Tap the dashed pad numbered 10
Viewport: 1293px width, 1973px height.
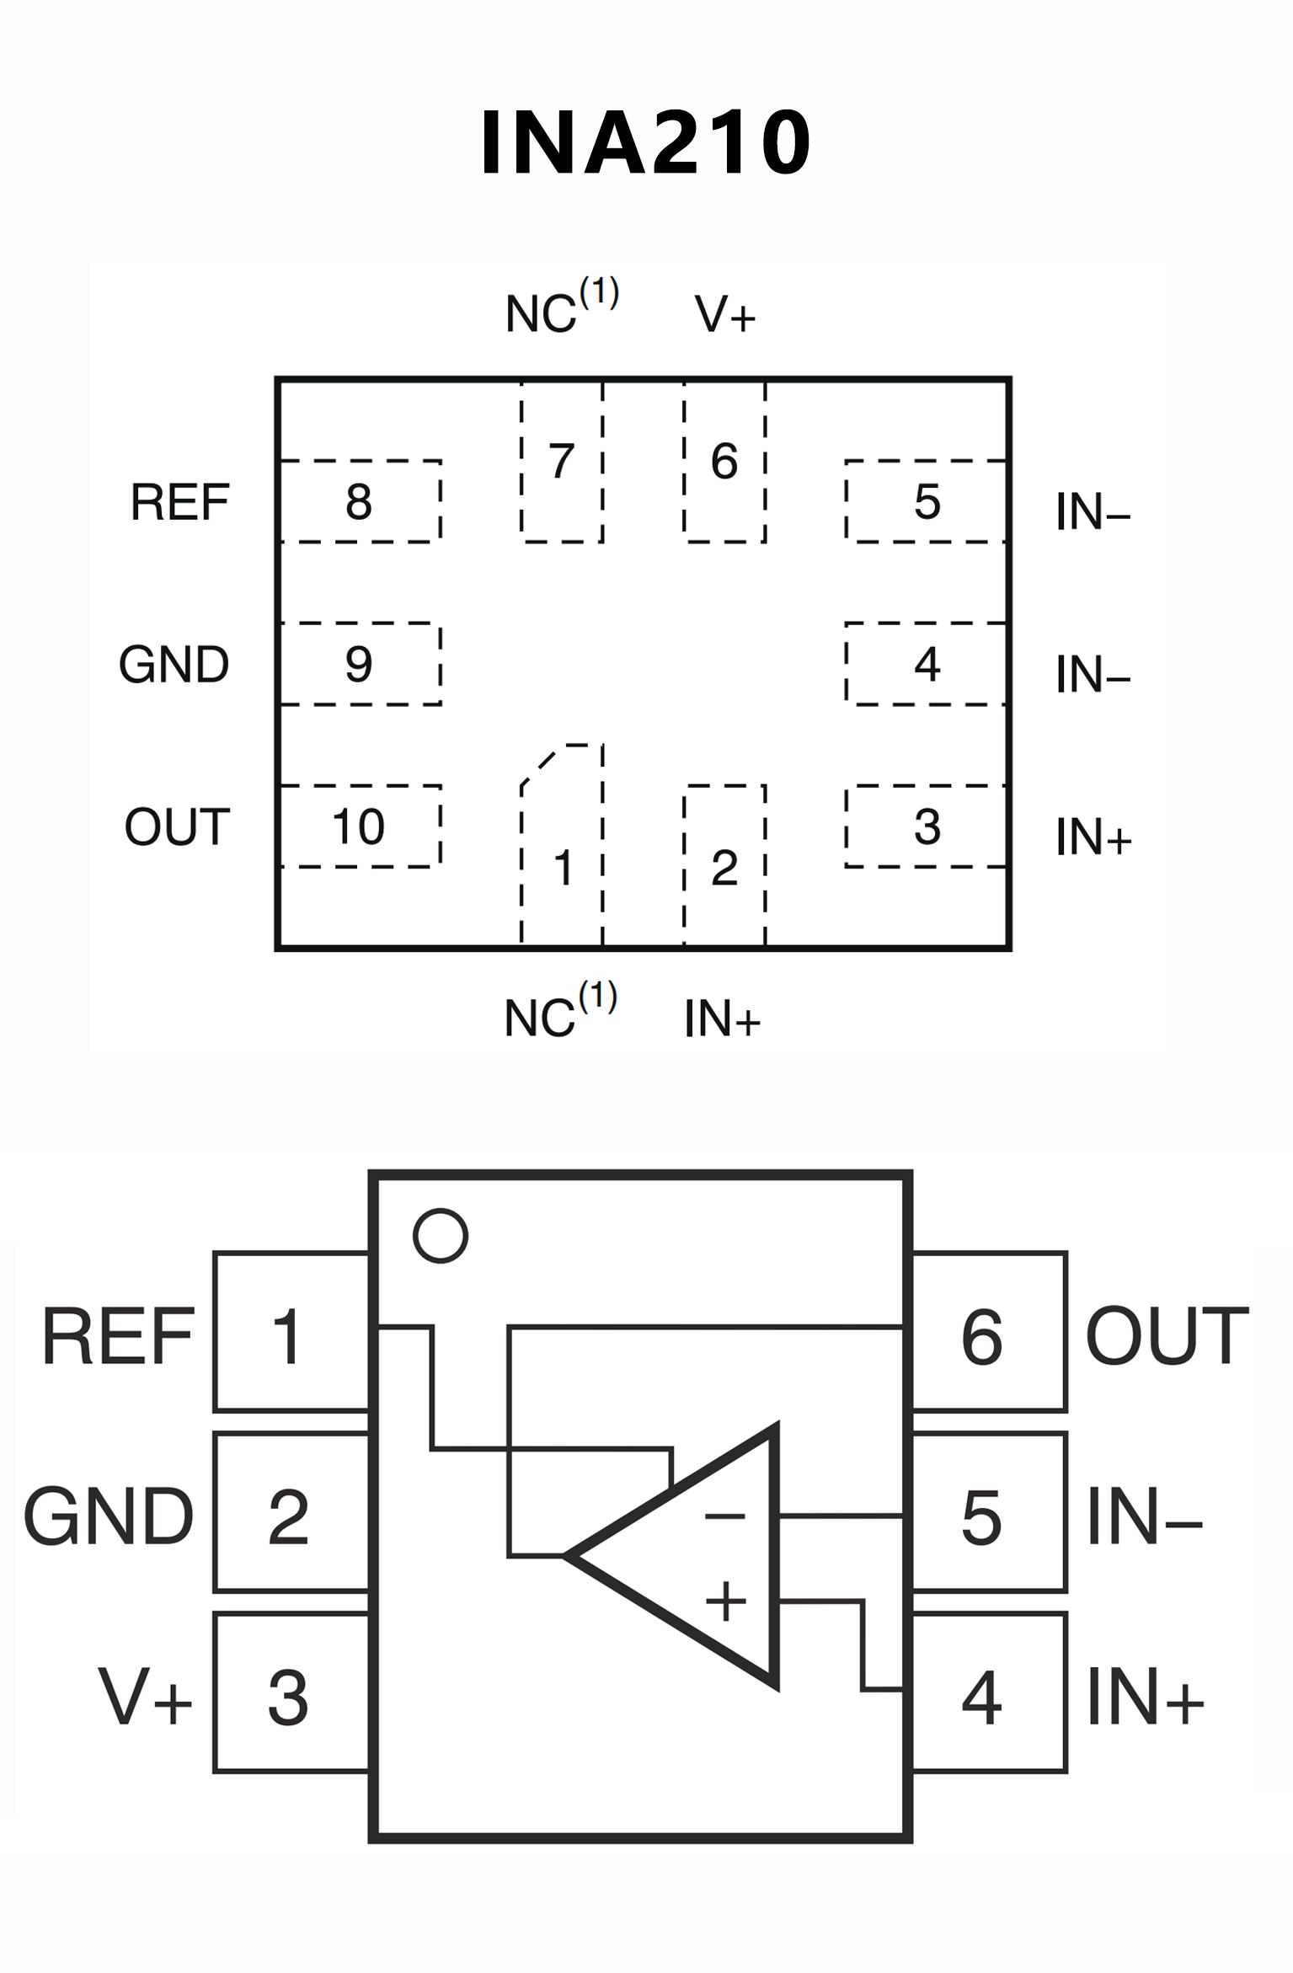(360, 826)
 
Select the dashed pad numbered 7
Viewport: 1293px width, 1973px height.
(562, 462)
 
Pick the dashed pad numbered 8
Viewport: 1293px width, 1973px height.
(360, 501)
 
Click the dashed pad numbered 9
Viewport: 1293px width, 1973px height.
(360, 664)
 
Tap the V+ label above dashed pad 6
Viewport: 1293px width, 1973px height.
(724, 314)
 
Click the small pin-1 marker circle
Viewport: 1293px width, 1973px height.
(440, 1236)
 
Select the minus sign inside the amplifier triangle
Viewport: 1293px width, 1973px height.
(724, 1517)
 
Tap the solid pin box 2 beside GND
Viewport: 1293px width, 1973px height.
(291, 1516)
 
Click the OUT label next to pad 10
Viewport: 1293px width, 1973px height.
(177, 826)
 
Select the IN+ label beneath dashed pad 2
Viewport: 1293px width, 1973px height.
(722, 1019)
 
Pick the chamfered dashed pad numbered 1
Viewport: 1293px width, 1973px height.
(562, 851)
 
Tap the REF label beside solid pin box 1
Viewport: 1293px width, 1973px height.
(118, 1336)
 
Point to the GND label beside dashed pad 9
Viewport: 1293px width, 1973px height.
(174, 664)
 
